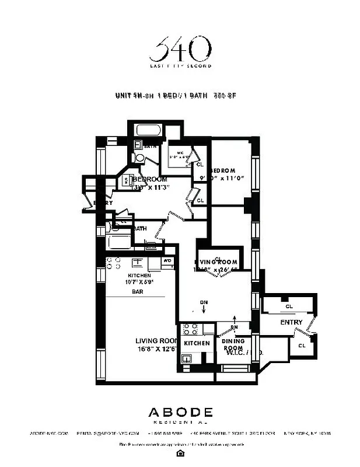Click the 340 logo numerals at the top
(179, 50)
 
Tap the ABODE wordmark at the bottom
(179, 412)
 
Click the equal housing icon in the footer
(180, 453)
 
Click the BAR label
(138, 291)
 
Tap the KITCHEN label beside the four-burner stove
(197, 344)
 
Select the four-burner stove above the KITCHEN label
(190, 329)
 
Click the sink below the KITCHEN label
(187, 358)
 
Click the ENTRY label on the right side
(291, 322)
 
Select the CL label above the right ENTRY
(289, 306)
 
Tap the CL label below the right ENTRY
(302, 346)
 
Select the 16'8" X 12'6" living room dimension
(156, 350)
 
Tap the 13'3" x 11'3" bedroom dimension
(151, 187)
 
